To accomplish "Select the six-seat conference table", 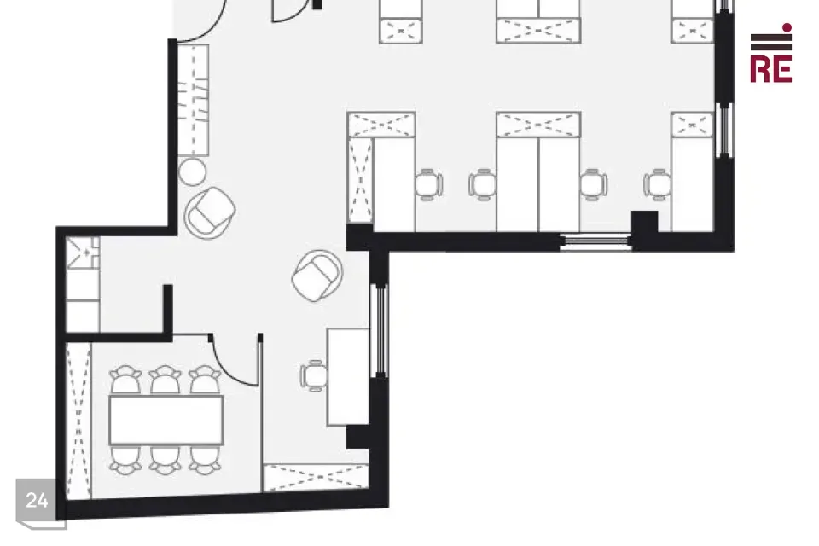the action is coord(166,420).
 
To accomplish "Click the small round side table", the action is coord(192,171).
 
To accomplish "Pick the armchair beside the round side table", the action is coord(210,212).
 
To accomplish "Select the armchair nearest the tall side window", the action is coord(317,276).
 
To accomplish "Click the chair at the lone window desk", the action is coord(313,375).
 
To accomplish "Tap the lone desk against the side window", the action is coord(348,377).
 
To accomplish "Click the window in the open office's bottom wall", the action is coord(595,241).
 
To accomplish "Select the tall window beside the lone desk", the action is coord(380,330).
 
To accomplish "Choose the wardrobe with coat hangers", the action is coord(194,100).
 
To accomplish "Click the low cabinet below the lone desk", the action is coord(316,478).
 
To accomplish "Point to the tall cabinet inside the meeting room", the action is coord(78,421).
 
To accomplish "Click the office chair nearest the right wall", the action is coord(657,184).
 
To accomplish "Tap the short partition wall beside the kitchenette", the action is coord(168,310).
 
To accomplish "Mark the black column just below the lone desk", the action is coord(358,437).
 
